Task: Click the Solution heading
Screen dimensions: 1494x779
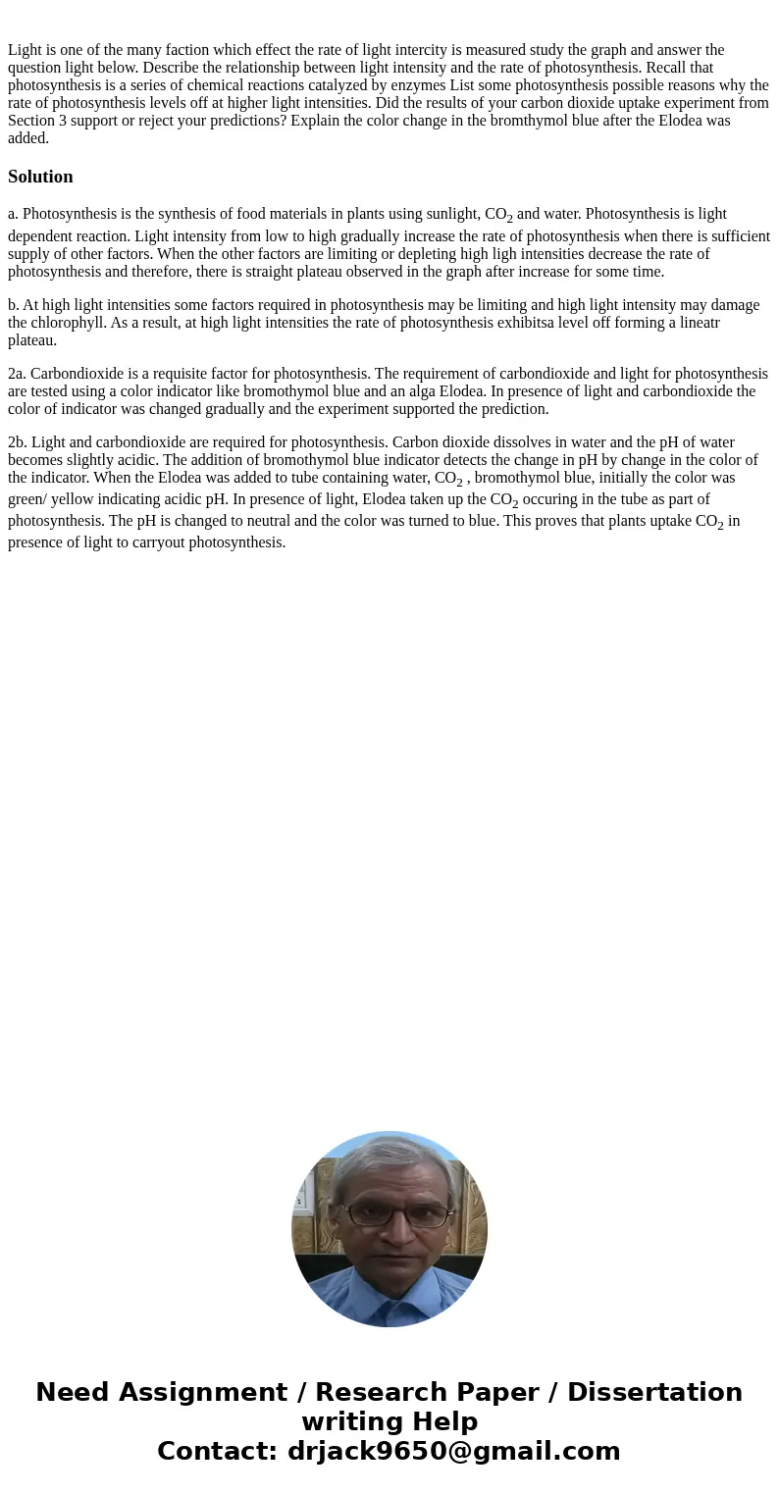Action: coord(40,177)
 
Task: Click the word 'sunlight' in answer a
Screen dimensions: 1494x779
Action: coord(452,214)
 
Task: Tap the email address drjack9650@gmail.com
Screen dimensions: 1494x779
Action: coord(454,1451)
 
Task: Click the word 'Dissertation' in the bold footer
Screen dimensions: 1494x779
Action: coord(654,1392)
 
